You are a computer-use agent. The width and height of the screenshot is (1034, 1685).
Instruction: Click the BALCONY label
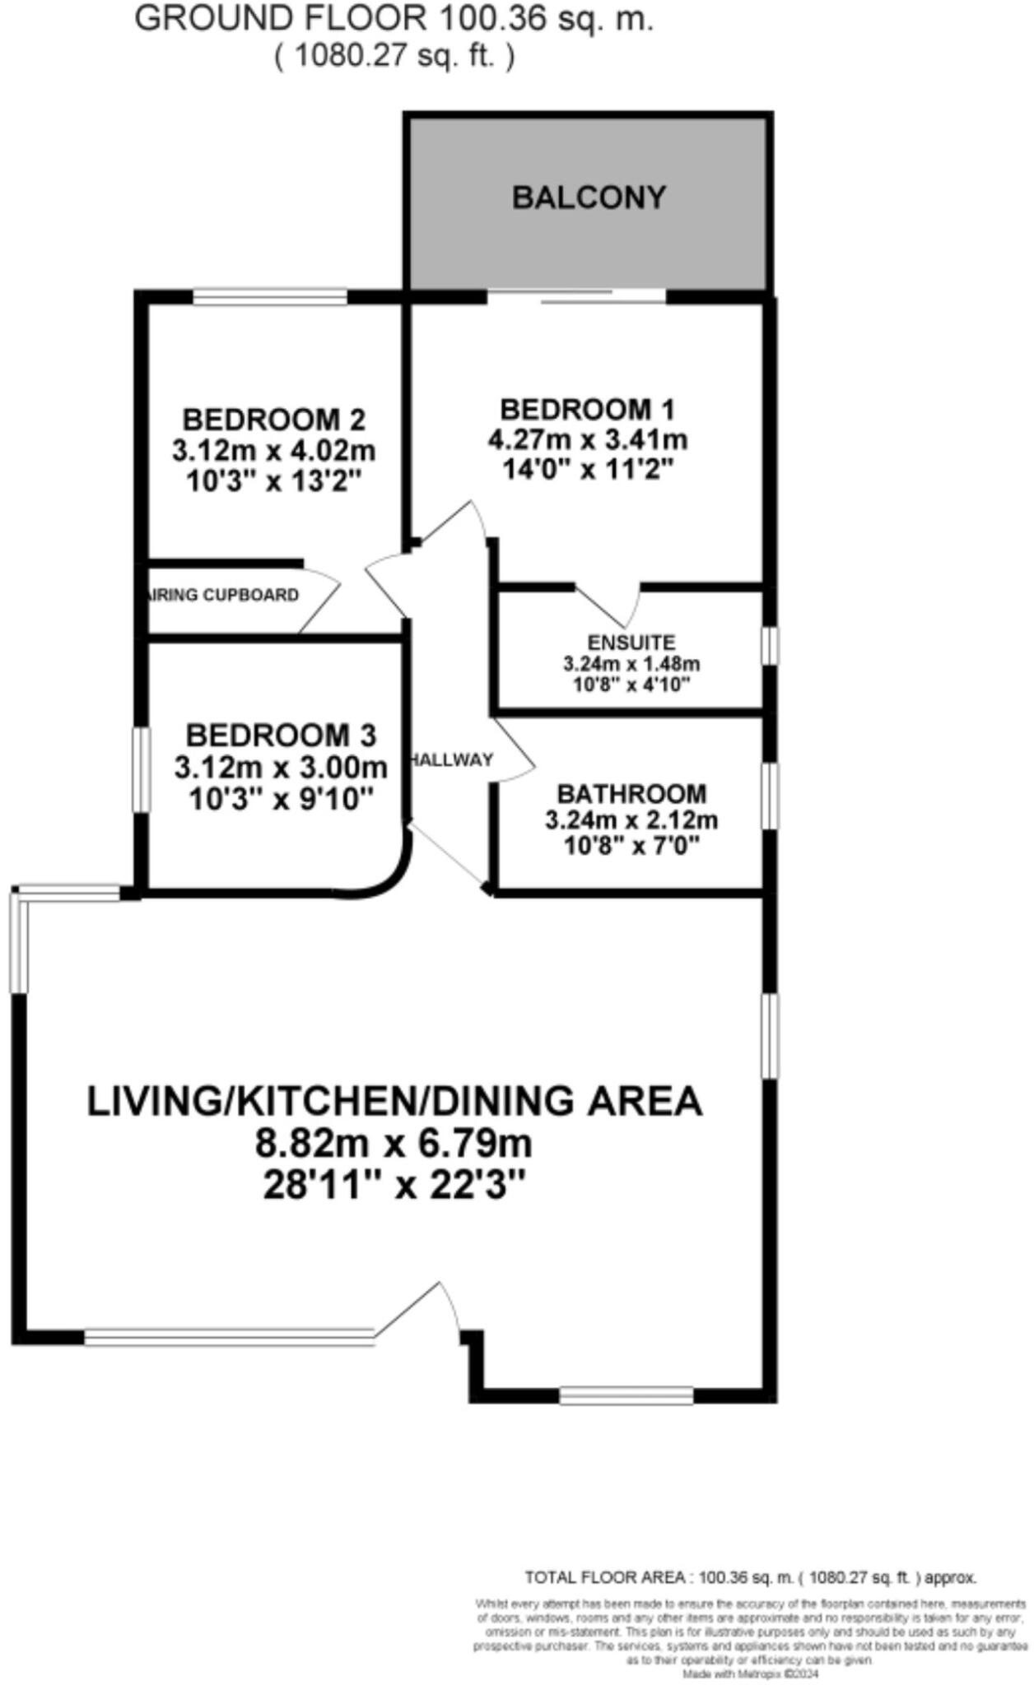(589, 198)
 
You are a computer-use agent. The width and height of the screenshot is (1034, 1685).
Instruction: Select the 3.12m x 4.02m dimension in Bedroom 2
(273, 451)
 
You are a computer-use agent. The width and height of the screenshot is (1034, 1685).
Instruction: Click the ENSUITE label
(631, 642)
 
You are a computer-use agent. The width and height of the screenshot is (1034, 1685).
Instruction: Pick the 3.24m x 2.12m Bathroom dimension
(631, 820)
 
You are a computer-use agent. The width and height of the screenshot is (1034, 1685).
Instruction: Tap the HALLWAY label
(452, 759)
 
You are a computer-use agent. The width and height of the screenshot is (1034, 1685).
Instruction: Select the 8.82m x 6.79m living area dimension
(394, 1144)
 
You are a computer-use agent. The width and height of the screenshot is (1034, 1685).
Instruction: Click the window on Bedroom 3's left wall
(142, 769)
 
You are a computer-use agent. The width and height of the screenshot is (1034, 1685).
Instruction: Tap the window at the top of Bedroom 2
(269, 296)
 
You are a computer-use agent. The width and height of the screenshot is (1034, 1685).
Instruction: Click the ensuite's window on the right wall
(768, 646)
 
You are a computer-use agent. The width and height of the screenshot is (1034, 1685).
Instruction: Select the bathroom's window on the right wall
(768, 796)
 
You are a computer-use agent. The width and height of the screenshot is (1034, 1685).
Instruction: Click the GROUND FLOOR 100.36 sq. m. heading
(394, 18)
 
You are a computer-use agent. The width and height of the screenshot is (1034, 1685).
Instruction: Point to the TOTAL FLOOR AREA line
(750, 1578)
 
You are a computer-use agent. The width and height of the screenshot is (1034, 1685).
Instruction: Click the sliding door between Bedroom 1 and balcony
(576, 296)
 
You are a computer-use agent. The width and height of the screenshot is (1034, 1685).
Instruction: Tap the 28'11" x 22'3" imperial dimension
(394, 1186)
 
